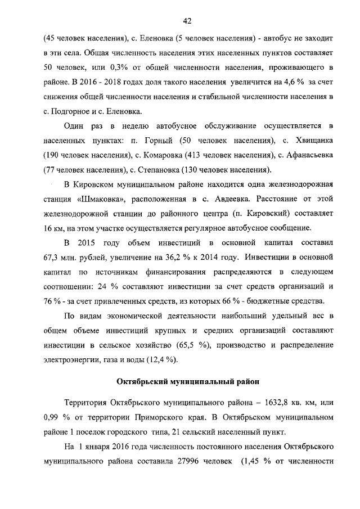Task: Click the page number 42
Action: [188, 21]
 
